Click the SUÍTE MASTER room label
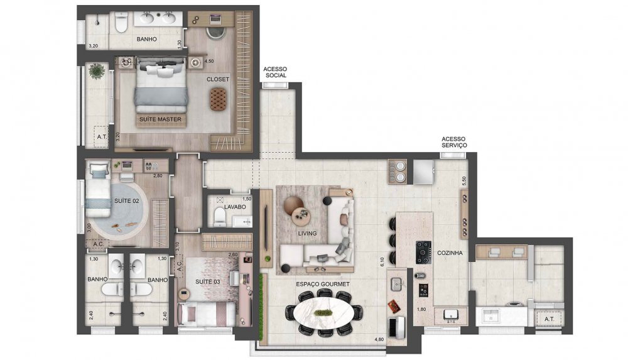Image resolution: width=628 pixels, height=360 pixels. click(161, 119)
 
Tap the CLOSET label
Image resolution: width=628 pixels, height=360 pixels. click(218, 79)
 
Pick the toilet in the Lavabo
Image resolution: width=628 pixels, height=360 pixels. click(219, 217)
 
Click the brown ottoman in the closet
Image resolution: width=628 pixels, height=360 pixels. click(218, 97)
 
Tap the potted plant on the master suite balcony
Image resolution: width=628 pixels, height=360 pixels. click(96, 72)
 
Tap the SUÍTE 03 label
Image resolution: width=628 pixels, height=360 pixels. click(208, 281)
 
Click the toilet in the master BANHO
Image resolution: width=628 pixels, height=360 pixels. click(121, 23)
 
